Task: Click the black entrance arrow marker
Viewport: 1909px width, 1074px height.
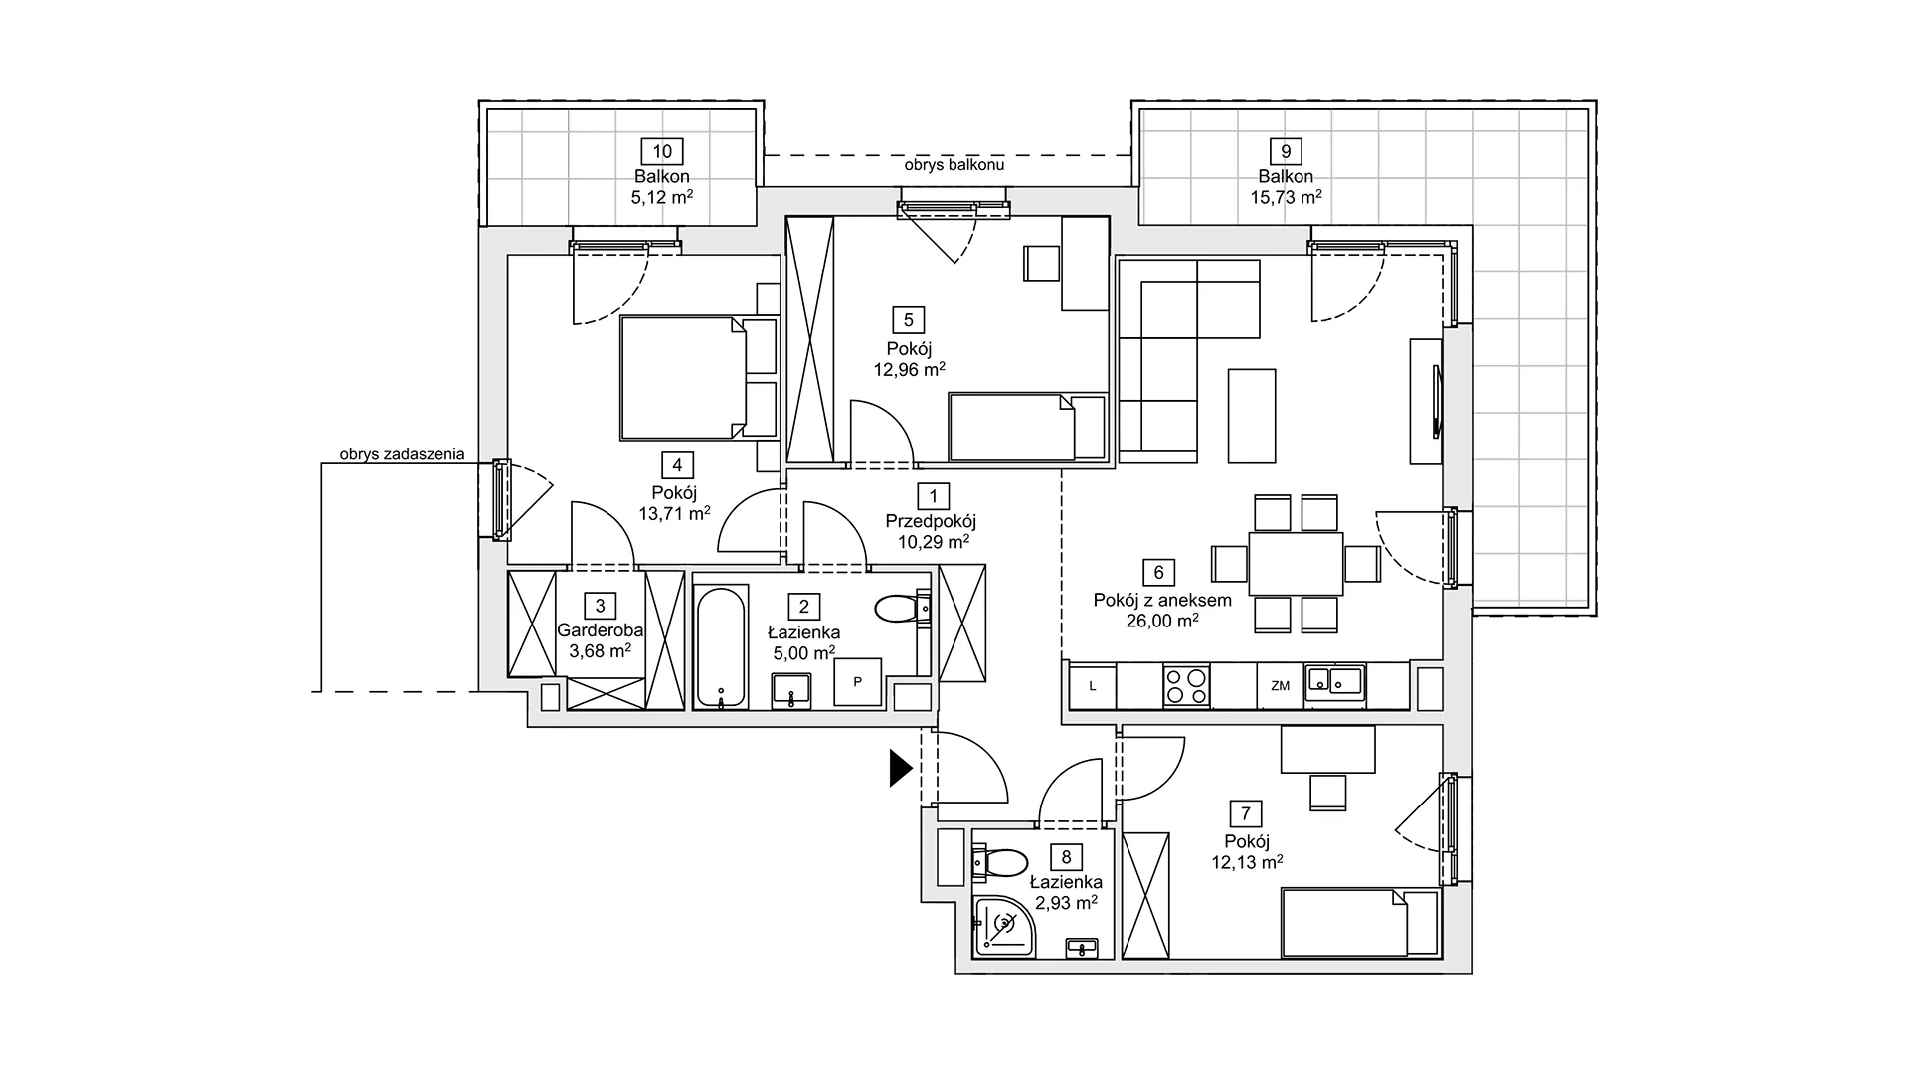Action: [x=900, y=768]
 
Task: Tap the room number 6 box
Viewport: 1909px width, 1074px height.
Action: [x=1158, y=573]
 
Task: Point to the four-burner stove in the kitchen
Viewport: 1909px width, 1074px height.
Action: [x=1187, y=685]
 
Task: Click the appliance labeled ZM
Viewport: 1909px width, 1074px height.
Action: [x=1280, y=686]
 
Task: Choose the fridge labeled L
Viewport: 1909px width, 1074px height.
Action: [x=1093, y=686]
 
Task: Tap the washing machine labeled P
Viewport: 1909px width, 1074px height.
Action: [x=857, y=682]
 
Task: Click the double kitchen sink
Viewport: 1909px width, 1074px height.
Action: [x=1334, y=683]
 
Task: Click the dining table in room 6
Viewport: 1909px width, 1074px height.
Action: [x=1296, y=564]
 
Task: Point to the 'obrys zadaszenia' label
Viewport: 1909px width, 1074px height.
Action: [x=402, y=454]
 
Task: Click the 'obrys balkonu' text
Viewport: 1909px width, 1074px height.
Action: [x=954, y=165]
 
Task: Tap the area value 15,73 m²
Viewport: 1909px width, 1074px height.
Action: [x=1286, y=197]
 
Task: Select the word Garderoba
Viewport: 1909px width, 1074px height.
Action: [x=600, y=630]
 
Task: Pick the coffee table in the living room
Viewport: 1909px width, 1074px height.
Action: [x=1252, y=416]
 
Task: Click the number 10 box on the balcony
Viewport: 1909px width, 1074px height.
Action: [x=662, y=152]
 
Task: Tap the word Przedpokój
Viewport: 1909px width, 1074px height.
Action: [x=932, y=521]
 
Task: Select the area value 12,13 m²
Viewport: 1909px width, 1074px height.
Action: [x=1246, y=863]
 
